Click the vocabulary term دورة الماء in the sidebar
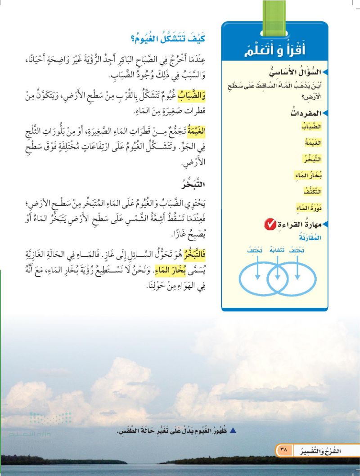coord(310,208)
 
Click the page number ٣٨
coord(283,449)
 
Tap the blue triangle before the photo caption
coord(233,431)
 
